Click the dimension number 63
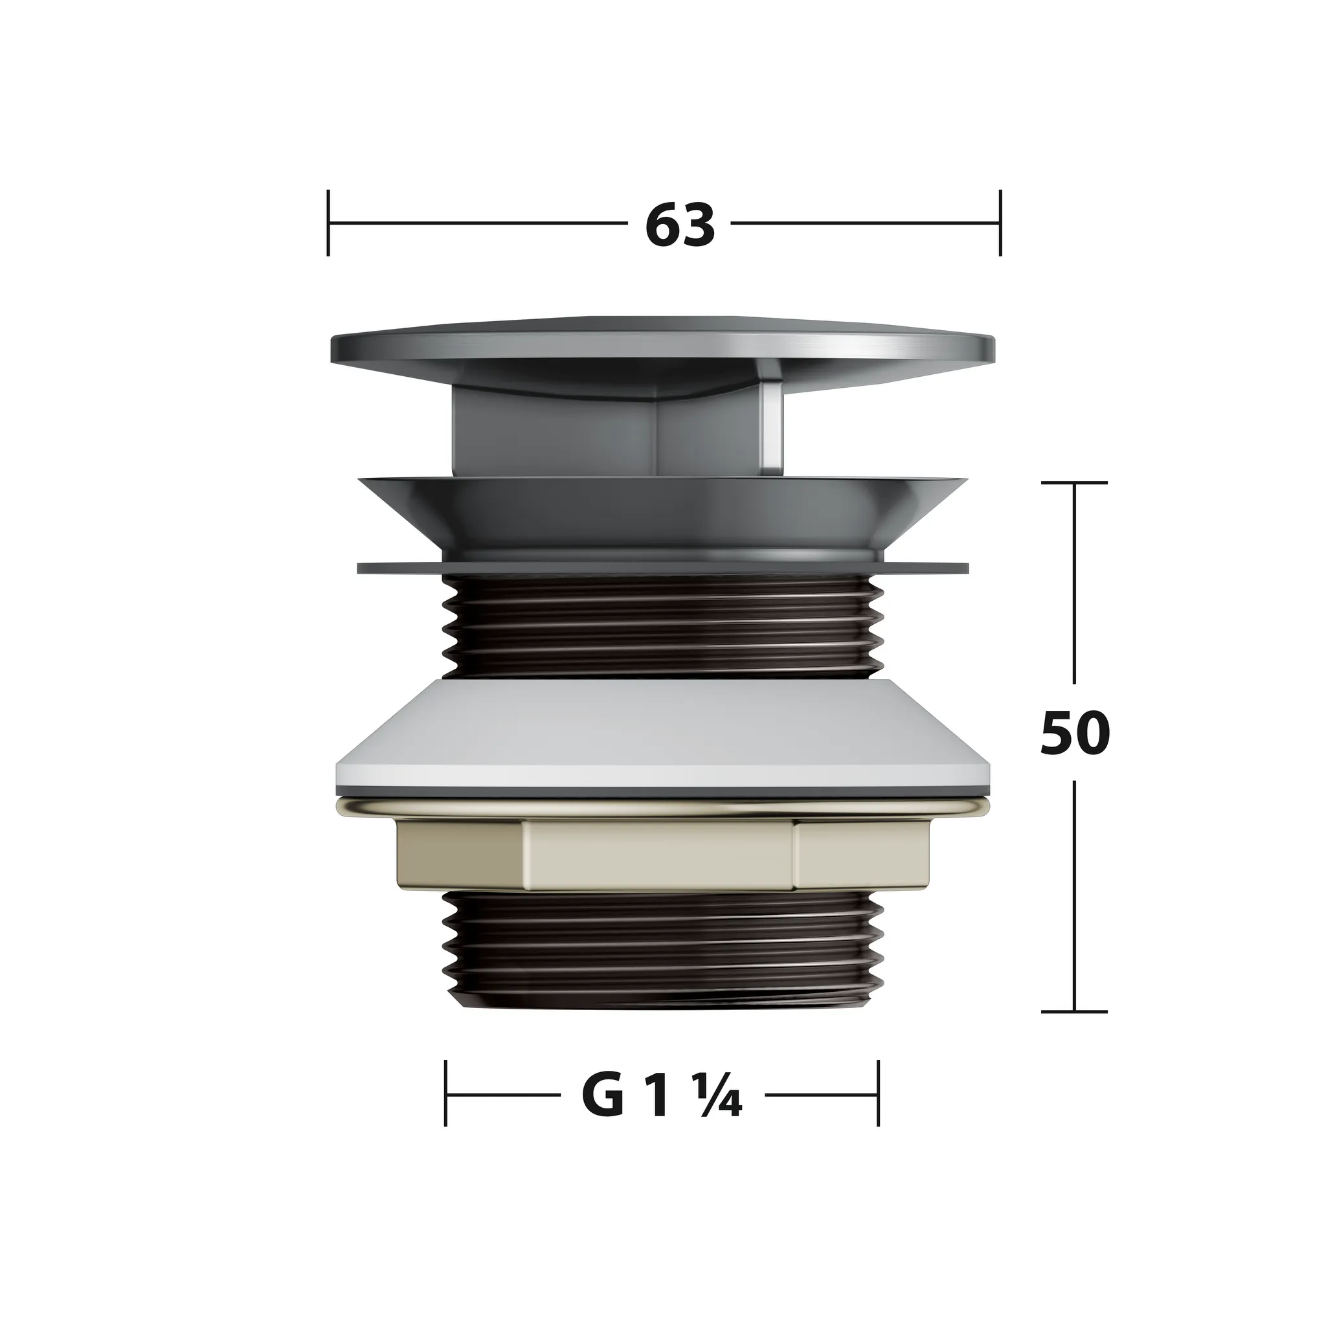pyautogui.click(x=679, y=225)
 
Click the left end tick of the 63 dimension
pyautogui.click(x=329, y=223)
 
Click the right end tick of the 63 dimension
pyautogui.click(x=1000, y=223)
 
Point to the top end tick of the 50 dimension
pyautogui.click(x=1074, y=483)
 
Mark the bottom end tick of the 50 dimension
pyautogui.click(x=1074, y=1012)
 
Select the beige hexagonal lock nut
pyautogui.click(x=659, y=853)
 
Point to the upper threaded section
pyautogui.click(x=662, y=625)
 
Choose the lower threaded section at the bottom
pyautogui.click(x=662, y=950)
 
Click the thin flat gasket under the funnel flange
pyautogui.click(x=662, y=568)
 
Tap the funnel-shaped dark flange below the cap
pyautogui.click(x=662, y=511)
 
